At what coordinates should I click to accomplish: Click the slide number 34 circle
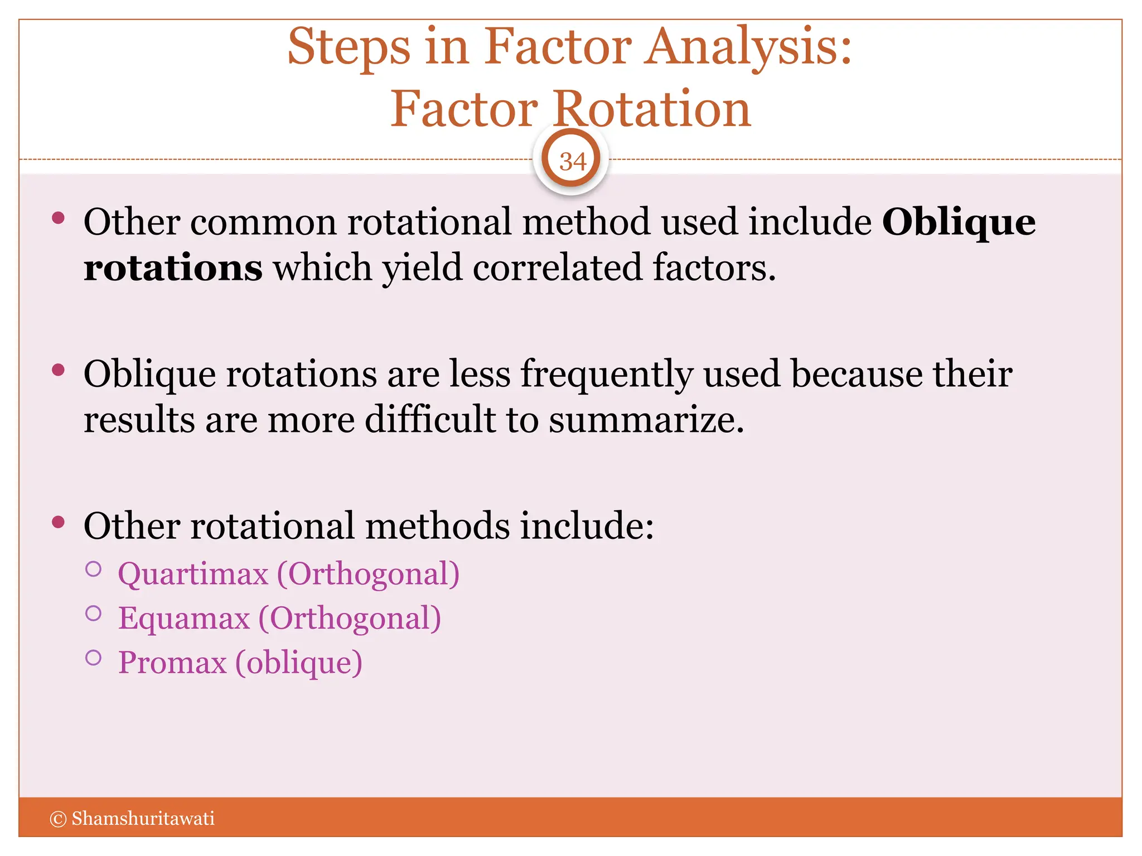point(571,161)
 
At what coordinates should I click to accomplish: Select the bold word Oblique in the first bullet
point(959,222)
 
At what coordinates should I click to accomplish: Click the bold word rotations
point(173,267)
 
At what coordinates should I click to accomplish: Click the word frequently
point(607,374)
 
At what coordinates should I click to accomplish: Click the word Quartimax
point(193,574)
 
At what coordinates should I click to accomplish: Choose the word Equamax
point(184,619)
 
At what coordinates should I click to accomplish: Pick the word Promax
point(172,663)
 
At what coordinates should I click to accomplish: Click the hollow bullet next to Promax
point(94,658)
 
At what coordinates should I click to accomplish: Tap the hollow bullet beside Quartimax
point(94,569)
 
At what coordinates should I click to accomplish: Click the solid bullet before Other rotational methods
point(58,522)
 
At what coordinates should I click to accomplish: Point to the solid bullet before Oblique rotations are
point(58,370)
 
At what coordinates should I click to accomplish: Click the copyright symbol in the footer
point(58,819)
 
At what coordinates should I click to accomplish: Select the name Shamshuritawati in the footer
point(143,819)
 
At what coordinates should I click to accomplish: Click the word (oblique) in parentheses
point(299,663)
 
